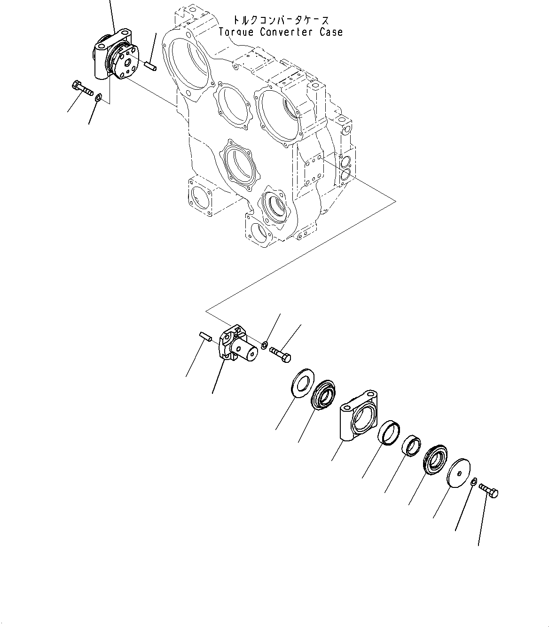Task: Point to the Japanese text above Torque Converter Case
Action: click(281, 20)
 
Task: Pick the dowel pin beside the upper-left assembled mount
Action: click(150, 66)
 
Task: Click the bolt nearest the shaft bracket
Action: click(280, 353)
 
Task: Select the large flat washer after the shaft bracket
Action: click(299, 383)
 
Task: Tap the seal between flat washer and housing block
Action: click(323, 395)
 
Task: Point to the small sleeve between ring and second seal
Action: click(410, 445)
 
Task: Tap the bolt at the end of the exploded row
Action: click(489, 491)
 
